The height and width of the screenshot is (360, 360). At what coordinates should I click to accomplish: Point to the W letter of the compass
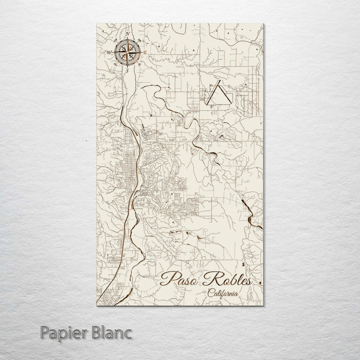tap(108, 52)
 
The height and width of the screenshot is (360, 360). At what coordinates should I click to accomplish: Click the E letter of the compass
tap(145, 52)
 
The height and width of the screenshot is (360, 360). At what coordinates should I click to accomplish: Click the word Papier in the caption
tap(62, 332)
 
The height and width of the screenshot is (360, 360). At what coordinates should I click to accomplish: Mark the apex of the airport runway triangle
tap(217, 84)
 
